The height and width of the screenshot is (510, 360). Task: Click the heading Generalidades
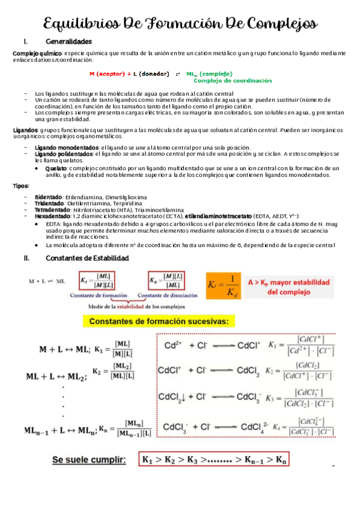pos(69,41)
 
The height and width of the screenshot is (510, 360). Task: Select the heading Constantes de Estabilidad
pos(87,258)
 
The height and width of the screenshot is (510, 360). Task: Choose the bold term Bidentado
pos(48,197)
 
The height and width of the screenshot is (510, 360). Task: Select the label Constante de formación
pos(99,296)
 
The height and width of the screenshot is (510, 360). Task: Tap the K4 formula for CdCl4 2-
pos(303,427)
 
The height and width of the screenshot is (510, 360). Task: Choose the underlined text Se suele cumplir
pos(89,461)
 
